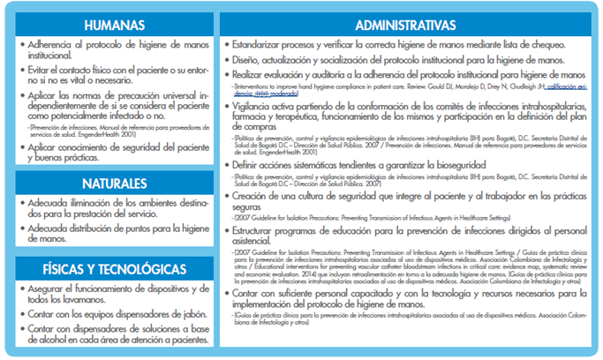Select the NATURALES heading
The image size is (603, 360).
pyautogui.click(x=110, y=184)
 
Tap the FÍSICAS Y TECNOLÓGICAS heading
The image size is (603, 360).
pyautogui.click(x=110, y=268)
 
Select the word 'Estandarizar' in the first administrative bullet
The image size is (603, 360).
pyautogui.click(x=258, y=42)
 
